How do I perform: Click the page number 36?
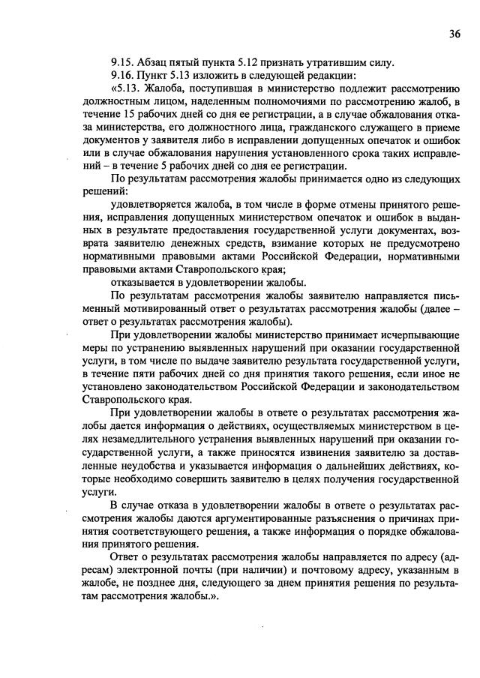[454, 34]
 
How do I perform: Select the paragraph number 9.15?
[121, 62]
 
